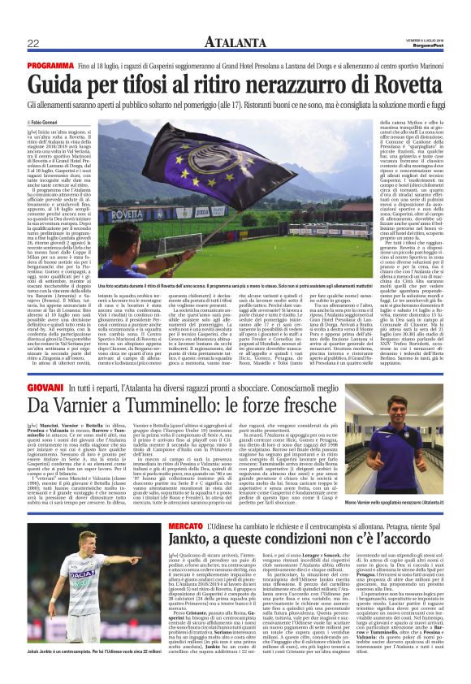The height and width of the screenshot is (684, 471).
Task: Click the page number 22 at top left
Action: [33, 43]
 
